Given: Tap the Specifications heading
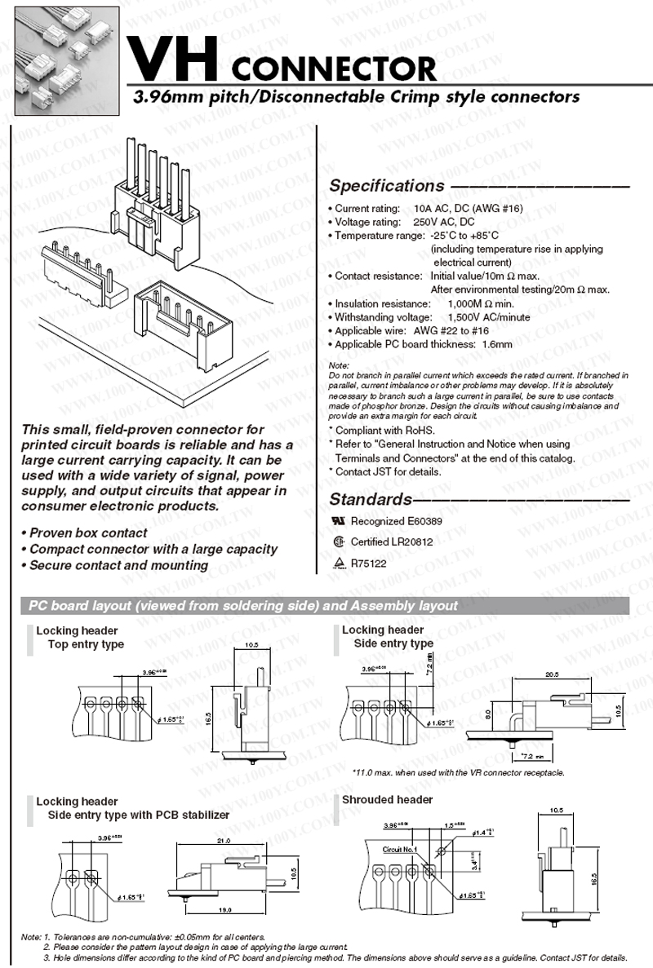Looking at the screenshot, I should (x=386, y=186).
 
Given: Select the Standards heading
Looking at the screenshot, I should (x=369, y=499).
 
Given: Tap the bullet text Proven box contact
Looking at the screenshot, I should (x=87, y=533).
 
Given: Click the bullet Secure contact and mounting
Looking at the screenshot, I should (x=118, y=565).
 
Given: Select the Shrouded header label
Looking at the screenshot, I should (x=387, y=800).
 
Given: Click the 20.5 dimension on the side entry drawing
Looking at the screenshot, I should (x=551, y=675).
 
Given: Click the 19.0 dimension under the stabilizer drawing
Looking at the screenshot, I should (x=225, y=909).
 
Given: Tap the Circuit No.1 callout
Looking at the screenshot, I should (x=399, y=849).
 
